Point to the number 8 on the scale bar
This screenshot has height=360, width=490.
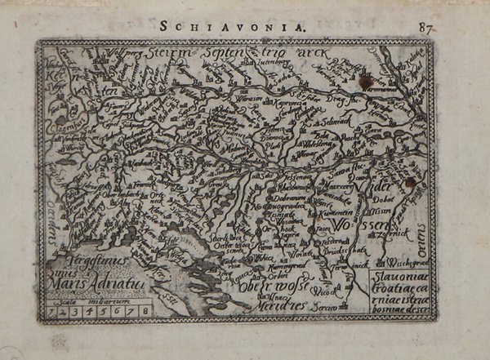(145, 310)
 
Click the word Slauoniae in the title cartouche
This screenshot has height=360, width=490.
(390, 276)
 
